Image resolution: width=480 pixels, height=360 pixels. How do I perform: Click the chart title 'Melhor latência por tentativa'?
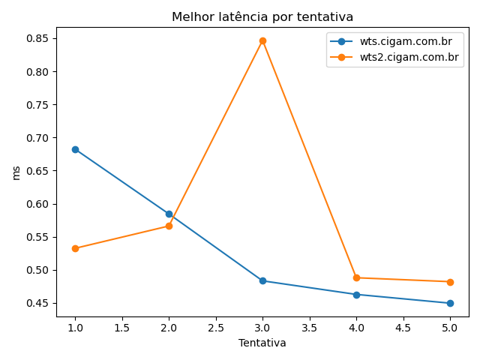coord(262,16)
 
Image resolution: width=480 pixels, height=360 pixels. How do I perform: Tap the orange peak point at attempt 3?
coord(262,40)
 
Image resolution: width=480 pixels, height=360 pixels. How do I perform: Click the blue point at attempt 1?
coord(75,149)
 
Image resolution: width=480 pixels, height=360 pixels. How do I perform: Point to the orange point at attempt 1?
coord(75,248)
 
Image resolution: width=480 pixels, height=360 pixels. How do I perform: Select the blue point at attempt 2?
coord(169,214)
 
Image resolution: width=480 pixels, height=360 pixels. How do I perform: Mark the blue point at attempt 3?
coord(262,280)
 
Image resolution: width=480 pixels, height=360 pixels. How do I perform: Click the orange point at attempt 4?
coord(356,277)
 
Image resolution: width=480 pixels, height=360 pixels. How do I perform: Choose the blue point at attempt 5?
coord(450,303)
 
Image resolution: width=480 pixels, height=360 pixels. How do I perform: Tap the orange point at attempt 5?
coord(450,282)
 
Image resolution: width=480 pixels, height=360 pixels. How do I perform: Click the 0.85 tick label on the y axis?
coord(38,38)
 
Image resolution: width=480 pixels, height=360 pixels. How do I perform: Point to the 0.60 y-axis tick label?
coord(38,204)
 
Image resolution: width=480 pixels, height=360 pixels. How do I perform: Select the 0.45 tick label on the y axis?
coord(38,303)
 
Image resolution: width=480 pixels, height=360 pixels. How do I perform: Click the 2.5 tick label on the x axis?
coord(215,328)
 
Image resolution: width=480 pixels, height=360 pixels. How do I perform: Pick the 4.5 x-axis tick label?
coord(403,328)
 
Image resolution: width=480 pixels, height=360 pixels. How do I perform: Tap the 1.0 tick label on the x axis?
coord(75,328)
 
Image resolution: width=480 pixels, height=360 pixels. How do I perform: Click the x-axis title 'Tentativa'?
coord(262,343)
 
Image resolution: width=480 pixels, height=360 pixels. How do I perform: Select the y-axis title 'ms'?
coord(16,172)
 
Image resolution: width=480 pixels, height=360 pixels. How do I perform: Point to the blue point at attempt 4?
coord(356,295)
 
